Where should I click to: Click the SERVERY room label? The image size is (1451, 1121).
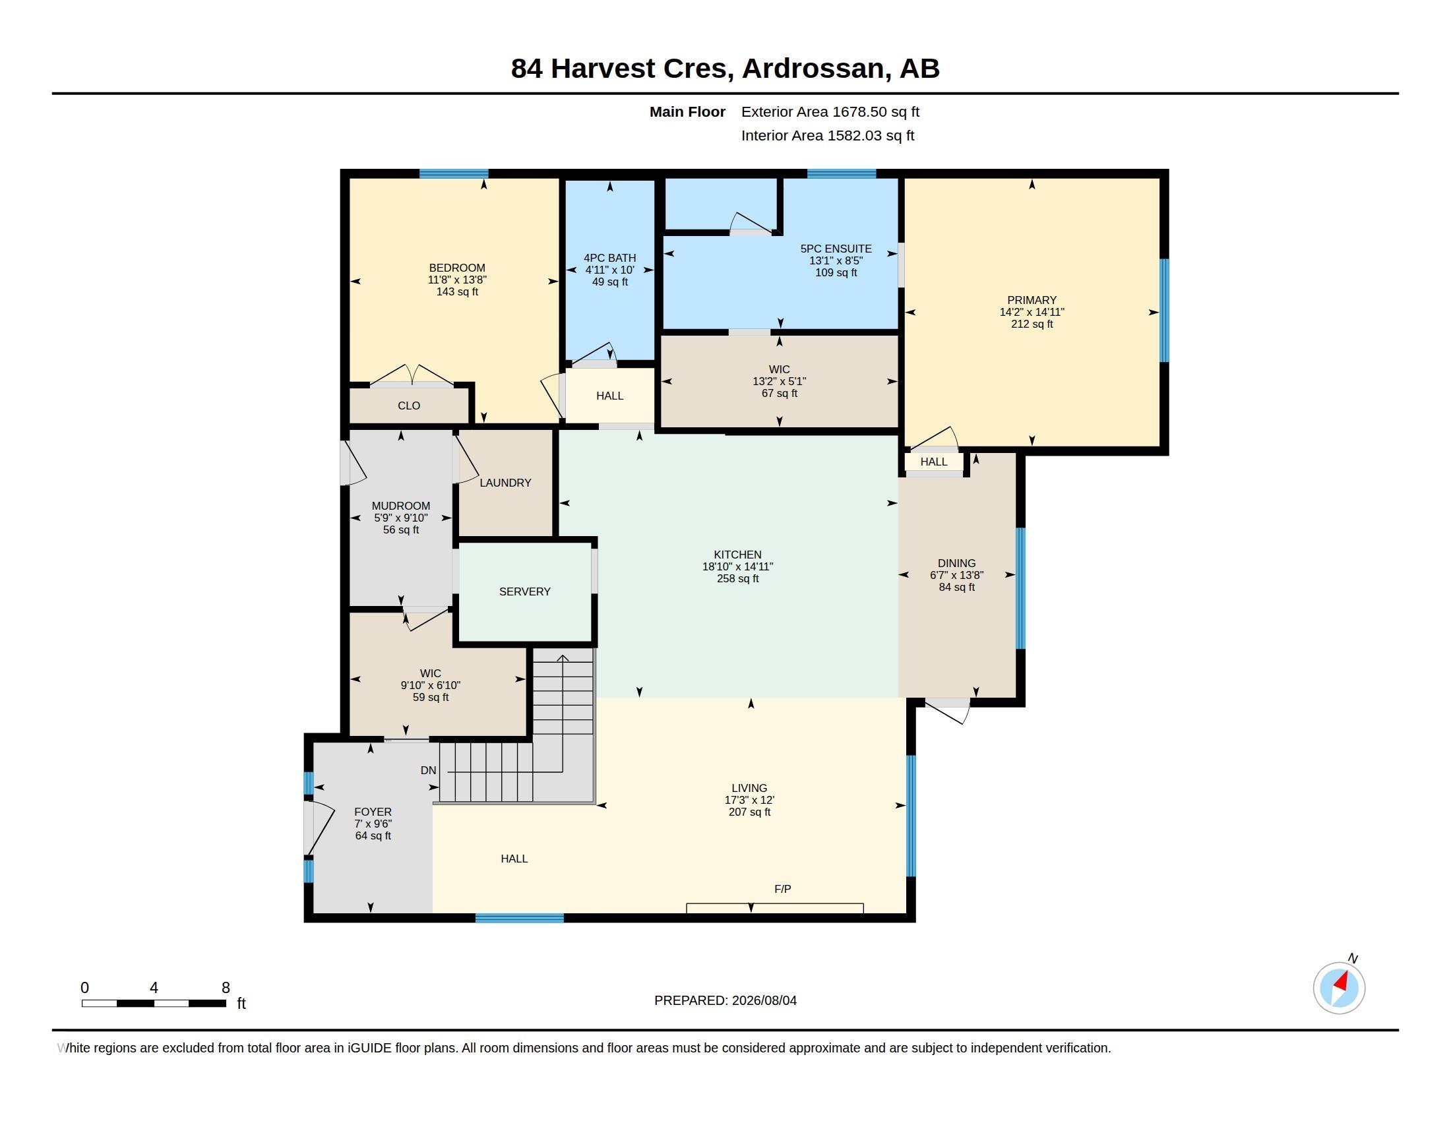tap(524, 591)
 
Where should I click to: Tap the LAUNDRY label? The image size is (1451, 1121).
tap(505, 483)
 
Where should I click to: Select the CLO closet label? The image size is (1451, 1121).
tap(409, 406)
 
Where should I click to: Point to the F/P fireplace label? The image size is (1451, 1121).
tap(782, 889)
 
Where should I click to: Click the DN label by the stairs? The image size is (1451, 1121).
tap(428, 770)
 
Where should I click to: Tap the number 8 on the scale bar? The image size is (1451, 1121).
tap(226, 988)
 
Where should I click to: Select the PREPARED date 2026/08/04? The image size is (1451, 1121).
tap(764, 1000)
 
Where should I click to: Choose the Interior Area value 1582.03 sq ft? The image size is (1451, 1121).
tap(871, 135)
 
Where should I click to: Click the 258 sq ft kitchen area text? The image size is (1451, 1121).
tap(737, 578)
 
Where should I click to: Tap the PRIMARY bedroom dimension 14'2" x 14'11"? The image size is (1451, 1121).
tap(1032, 312)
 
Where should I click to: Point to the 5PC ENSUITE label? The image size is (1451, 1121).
tap(836, 249)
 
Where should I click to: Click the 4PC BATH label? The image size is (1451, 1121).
tap(610, 258)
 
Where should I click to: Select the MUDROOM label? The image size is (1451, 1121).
tap(400, 505)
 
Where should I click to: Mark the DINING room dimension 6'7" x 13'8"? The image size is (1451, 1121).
tap(957, 575)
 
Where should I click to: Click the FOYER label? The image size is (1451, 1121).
tap(373, 812)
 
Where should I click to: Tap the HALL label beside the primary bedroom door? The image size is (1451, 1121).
tap(933, 462)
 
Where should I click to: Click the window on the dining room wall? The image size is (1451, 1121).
tap(1020, 588)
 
